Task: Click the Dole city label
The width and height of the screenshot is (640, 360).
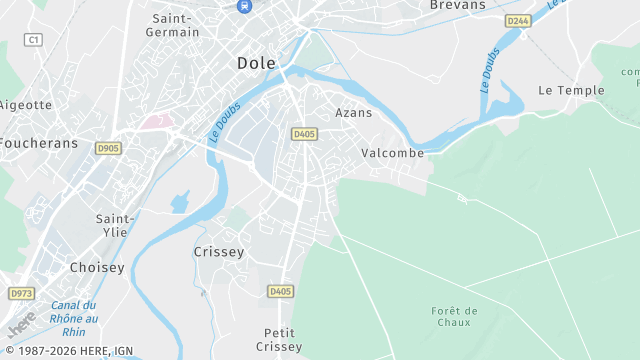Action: (256, 63)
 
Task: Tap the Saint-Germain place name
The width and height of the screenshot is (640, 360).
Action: (175, 25)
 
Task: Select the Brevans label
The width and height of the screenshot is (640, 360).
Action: (457, 5)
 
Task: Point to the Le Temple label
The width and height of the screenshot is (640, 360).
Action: (571, 90)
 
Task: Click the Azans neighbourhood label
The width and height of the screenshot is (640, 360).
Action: (353, 113)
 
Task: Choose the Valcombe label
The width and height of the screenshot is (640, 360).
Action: (392, 153)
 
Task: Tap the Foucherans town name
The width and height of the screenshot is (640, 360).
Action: (38, 143)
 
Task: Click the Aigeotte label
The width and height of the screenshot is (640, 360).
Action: (25, 105)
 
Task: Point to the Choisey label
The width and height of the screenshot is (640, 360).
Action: (96, 267)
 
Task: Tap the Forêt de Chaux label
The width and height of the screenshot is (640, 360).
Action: (455, 316)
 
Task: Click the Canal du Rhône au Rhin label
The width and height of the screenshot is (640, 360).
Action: (74, 318)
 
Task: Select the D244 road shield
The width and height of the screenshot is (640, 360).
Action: (517, 20)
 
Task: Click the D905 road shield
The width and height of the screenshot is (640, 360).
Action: (108, 148)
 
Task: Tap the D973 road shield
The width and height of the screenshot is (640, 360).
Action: (21, 293)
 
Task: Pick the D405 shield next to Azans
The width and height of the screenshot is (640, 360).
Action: (304, 133)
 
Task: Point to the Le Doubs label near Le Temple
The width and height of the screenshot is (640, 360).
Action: (489, 71)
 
